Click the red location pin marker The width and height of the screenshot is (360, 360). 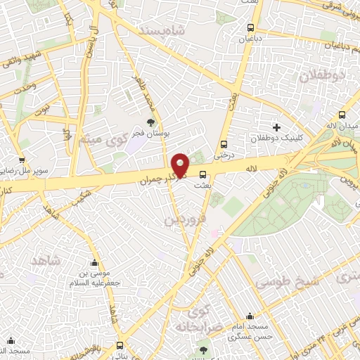181,165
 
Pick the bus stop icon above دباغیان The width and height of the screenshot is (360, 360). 250,28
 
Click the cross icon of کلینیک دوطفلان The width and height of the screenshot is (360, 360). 276,127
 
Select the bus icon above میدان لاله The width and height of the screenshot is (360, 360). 341,115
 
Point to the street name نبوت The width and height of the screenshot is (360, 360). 44,110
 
